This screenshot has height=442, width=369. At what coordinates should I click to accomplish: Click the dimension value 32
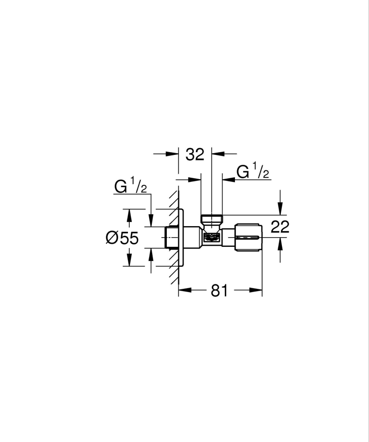[195, 154]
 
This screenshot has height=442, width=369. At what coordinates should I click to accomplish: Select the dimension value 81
[219, 291]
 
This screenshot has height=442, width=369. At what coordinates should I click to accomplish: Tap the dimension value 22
[280, 227]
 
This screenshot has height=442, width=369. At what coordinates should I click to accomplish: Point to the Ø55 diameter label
[122, 238]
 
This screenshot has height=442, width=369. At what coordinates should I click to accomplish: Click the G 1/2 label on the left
[131, 187]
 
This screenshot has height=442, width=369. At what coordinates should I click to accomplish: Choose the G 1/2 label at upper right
[253, 171]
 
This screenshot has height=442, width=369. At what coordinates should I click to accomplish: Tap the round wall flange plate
[181, 238]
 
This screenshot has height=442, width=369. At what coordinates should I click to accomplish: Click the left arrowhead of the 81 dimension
[183, 291]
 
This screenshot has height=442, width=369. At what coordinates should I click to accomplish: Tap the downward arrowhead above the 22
[279, 210]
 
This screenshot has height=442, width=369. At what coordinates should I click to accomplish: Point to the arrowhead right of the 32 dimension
[217, 154]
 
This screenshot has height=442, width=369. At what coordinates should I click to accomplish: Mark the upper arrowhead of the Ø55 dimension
[129, 214]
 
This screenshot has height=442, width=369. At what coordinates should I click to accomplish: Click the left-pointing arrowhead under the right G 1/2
[227, 180]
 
